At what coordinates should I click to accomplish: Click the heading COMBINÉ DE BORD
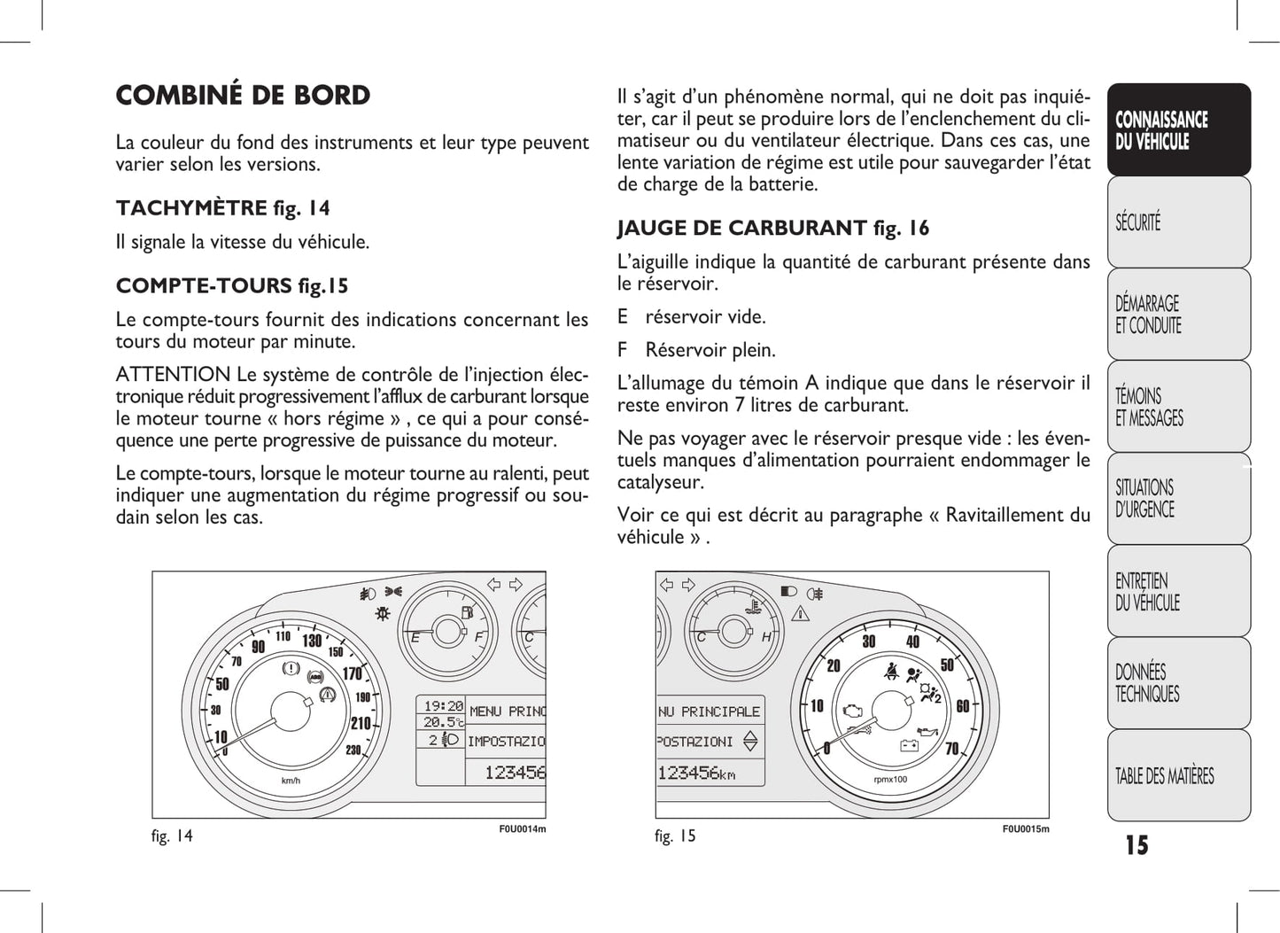click(243, 96)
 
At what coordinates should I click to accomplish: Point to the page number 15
click(1136, 845)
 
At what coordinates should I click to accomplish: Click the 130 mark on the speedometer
click(312, 641)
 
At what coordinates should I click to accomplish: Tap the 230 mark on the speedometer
click(353, 750)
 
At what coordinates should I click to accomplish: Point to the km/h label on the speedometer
click(291, 781)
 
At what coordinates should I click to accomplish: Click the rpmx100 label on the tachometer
click(889, 780)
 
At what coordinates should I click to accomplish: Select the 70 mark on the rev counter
click(952, 749)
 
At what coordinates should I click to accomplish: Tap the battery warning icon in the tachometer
click(909, 745)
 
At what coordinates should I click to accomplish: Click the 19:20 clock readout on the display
click(443, 706)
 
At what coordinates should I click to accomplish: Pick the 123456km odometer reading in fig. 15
click(696, 773)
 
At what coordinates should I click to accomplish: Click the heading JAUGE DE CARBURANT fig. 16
click(772, 229)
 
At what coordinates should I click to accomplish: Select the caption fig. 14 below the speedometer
click(172, 836)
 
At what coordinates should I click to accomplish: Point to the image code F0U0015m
click(1025, 829)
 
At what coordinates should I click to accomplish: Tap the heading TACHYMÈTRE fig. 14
click(222, 208)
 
